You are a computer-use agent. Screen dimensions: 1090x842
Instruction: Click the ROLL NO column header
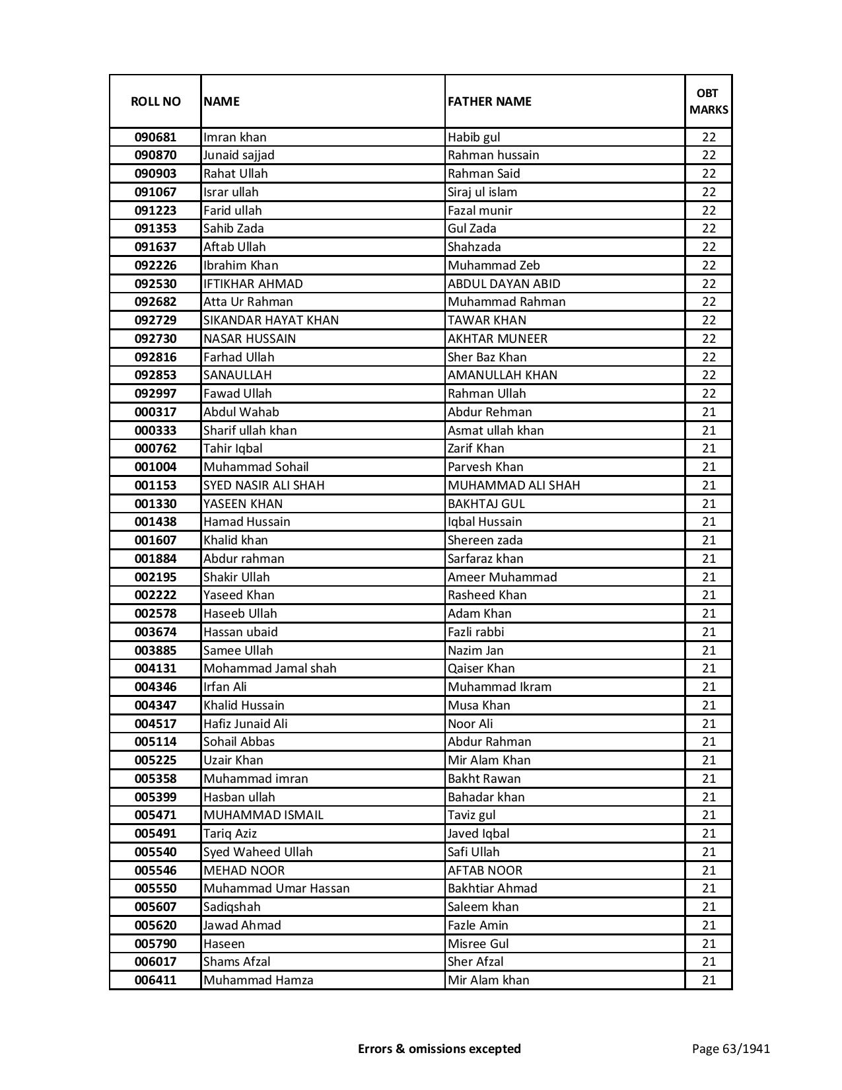coord(155,101)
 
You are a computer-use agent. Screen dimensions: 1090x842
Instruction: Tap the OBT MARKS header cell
coord(709,101)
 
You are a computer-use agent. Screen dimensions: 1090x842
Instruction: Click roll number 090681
coord(155,137)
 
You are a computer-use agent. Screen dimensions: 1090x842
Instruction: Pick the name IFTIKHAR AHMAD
coord(253,284)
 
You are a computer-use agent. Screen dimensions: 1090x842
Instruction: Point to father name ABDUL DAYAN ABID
coord(504,284)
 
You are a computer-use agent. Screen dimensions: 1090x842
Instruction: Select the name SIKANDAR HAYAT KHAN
coord(271,320)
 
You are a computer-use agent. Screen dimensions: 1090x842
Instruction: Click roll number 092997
coord(155,394)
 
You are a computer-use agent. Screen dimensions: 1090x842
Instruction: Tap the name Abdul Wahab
coord(241,412)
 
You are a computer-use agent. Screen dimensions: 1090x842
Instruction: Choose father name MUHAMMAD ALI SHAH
coord(514,486)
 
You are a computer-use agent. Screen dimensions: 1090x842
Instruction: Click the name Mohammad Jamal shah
coord(269,669)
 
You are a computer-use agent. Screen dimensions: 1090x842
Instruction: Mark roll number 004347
coord(155,706)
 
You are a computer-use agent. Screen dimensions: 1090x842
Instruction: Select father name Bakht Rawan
coord(484,779)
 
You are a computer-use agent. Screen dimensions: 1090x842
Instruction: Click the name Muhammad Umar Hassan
coord(276,889)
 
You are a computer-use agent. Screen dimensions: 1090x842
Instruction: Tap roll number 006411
coord(155,980)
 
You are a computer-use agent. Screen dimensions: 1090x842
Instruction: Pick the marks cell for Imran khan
coord(709,137)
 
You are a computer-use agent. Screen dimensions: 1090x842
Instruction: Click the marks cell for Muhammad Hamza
coord(709,980)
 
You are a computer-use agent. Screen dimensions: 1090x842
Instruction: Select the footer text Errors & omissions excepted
coord(439,1048)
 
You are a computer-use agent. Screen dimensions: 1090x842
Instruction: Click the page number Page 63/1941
coord(730,1048)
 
